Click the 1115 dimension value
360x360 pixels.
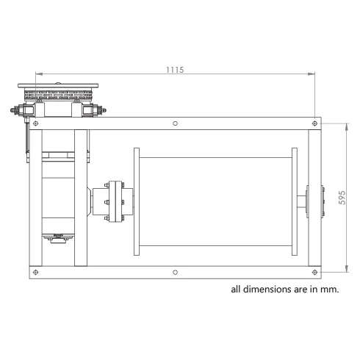coord(175,70)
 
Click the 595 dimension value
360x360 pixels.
coord(342,198)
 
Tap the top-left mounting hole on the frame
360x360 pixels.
coord(36,123)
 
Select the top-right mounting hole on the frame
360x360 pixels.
coord(314,123)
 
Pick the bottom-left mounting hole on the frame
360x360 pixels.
coord(36,272)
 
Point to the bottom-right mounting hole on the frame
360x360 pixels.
coord(314,272)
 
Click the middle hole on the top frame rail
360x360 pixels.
coord(175,123)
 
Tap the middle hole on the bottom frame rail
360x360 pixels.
coord(175,272)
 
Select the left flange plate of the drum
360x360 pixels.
coord(137,201)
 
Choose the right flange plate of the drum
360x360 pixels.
coord(295,201)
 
